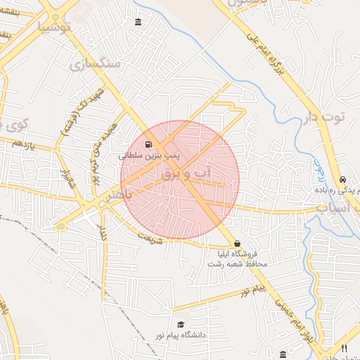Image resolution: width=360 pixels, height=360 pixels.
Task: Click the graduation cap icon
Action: coord(181,325)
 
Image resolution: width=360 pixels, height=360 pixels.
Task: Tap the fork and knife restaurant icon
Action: coord(344,349)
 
